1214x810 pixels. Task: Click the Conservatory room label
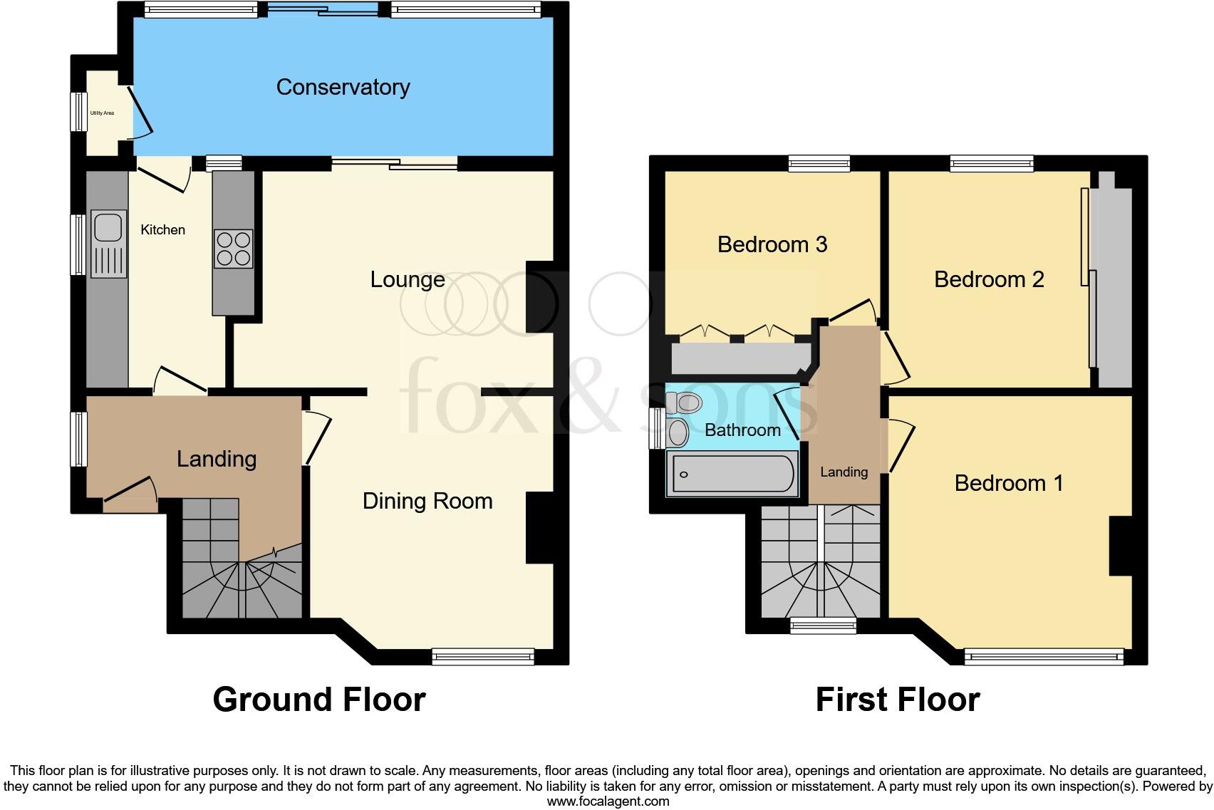343,87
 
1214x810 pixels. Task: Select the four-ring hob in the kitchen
233,248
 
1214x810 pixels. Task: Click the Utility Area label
102,113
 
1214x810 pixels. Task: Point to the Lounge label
408,279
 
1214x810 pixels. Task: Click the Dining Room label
427,501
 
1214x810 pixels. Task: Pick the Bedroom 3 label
772,244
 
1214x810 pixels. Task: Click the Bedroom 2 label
989,279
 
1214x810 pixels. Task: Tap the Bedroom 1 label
1009,483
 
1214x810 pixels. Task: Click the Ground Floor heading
319,700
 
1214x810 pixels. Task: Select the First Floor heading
898,700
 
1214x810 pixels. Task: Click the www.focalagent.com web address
608,801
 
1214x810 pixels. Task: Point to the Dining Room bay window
483,656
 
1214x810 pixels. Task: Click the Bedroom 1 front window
1044,656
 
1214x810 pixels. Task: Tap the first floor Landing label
844,472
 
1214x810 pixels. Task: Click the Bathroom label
742,430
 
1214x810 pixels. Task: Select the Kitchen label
162,229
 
